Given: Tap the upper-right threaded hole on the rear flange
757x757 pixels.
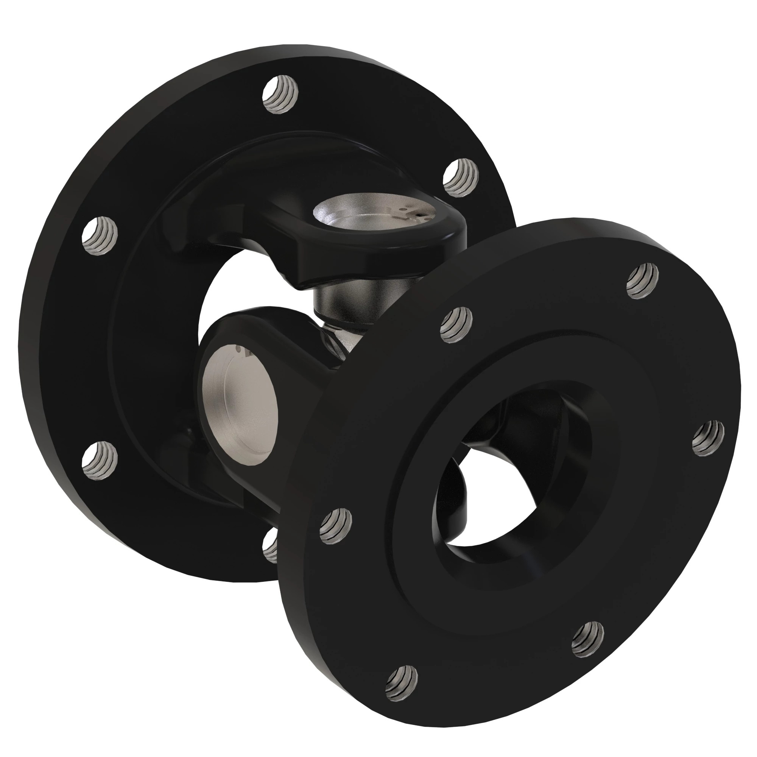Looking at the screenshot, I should [x=461, y=178].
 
